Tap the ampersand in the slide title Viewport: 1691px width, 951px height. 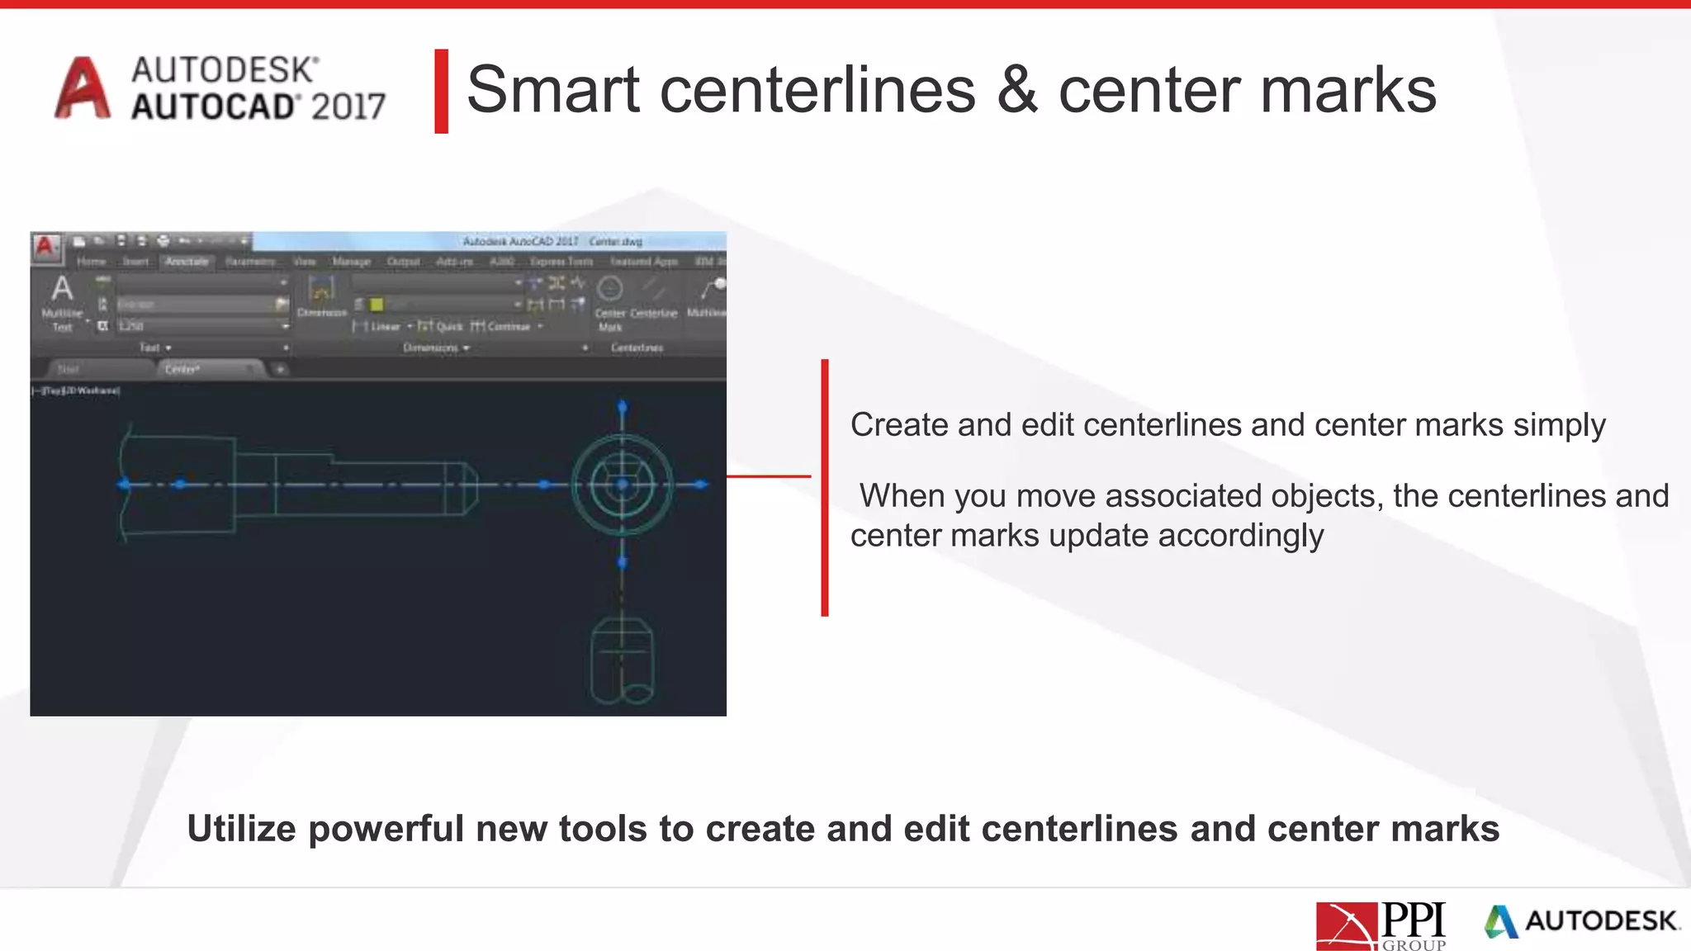tap(1016, 90)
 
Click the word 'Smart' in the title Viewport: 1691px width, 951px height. tap(553, 90)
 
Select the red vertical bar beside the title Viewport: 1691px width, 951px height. tap(442, 91)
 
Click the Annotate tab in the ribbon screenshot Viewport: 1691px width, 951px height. tap(187, 262)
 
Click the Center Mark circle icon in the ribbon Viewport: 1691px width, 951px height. tap(609, 289)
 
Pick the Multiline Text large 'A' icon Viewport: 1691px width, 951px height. tap(62, 289)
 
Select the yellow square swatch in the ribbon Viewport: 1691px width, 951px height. tap(377, 305)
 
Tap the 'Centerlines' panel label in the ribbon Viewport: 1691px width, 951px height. tap(637, 348)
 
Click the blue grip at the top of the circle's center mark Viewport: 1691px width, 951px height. tap(623, 406)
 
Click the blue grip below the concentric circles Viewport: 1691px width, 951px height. tap(623, 562)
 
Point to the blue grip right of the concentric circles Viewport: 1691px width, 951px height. tap(700, 485)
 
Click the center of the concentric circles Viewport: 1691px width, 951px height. tap(623, 485)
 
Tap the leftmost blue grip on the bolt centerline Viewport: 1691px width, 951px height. tap(125, 485)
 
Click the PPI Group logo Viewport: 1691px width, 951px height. tap(1381, 925)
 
